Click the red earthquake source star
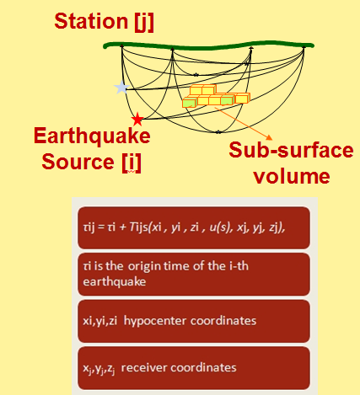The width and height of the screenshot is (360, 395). [137, 120]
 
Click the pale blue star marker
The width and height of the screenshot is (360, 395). [121, 88]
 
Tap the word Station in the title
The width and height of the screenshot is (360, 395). [91, 21]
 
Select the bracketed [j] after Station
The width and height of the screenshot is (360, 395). [144, 22]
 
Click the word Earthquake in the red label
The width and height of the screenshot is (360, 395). [92, 136]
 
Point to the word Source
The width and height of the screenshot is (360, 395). [78, 162]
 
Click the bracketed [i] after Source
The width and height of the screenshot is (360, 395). [132, 163]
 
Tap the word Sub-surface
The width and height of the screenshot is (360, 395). [291, 150]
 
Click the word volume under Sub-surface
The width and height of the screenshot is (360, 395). [292, 176]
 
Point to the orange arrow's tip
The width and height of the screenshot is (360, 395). [272, 139]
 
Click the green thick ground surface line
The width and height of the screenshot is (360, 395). [209, 45]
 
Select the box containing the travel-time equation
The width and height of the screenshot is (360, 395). [194, 227]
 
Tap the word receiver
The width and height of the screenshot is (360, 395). [144, 367]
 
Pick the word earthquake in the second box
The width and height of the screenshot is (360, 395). [115, 281]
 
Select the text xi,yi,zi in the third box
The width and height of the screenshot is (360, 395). [100, 321]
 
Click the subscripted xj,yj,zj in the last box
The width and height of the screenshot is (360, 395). [99, 368]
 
